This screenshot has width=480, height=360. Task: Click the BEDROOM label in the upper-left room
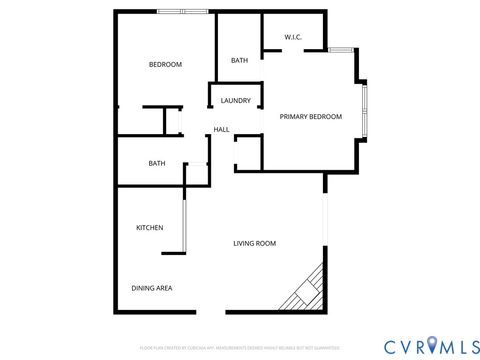(x=165, y=65)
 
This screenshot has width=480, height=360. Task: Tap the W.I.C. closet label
(x=293, y=38)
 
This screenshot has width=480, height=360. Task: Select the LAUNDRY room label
(x=236, y=100)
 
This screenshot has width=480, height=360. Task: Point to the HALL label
(x=221, y=129)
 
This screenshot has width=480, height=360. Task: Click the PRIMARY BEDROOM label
(x=310, y=117)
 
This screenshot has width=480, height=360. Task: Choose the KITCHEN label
(x=149, y=228)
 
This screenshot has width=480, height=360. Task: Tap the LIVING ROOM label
(x=255, y=243)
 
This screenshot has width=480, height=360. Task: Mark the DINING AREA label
(x=152, y=288)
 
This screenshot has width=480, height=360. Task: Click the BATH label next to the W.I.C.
(x=239, y=61)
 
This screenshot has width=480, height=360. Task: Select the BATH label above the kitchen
(x=157, y=163)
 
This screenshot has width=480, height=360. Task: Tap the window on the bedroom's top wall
(x=183, y=12)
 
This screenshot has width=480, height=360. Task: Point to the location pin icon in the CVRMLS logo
(x=432, y=346)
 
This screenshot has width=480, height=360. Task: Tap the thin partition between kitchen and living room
(x=183, y=229)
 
